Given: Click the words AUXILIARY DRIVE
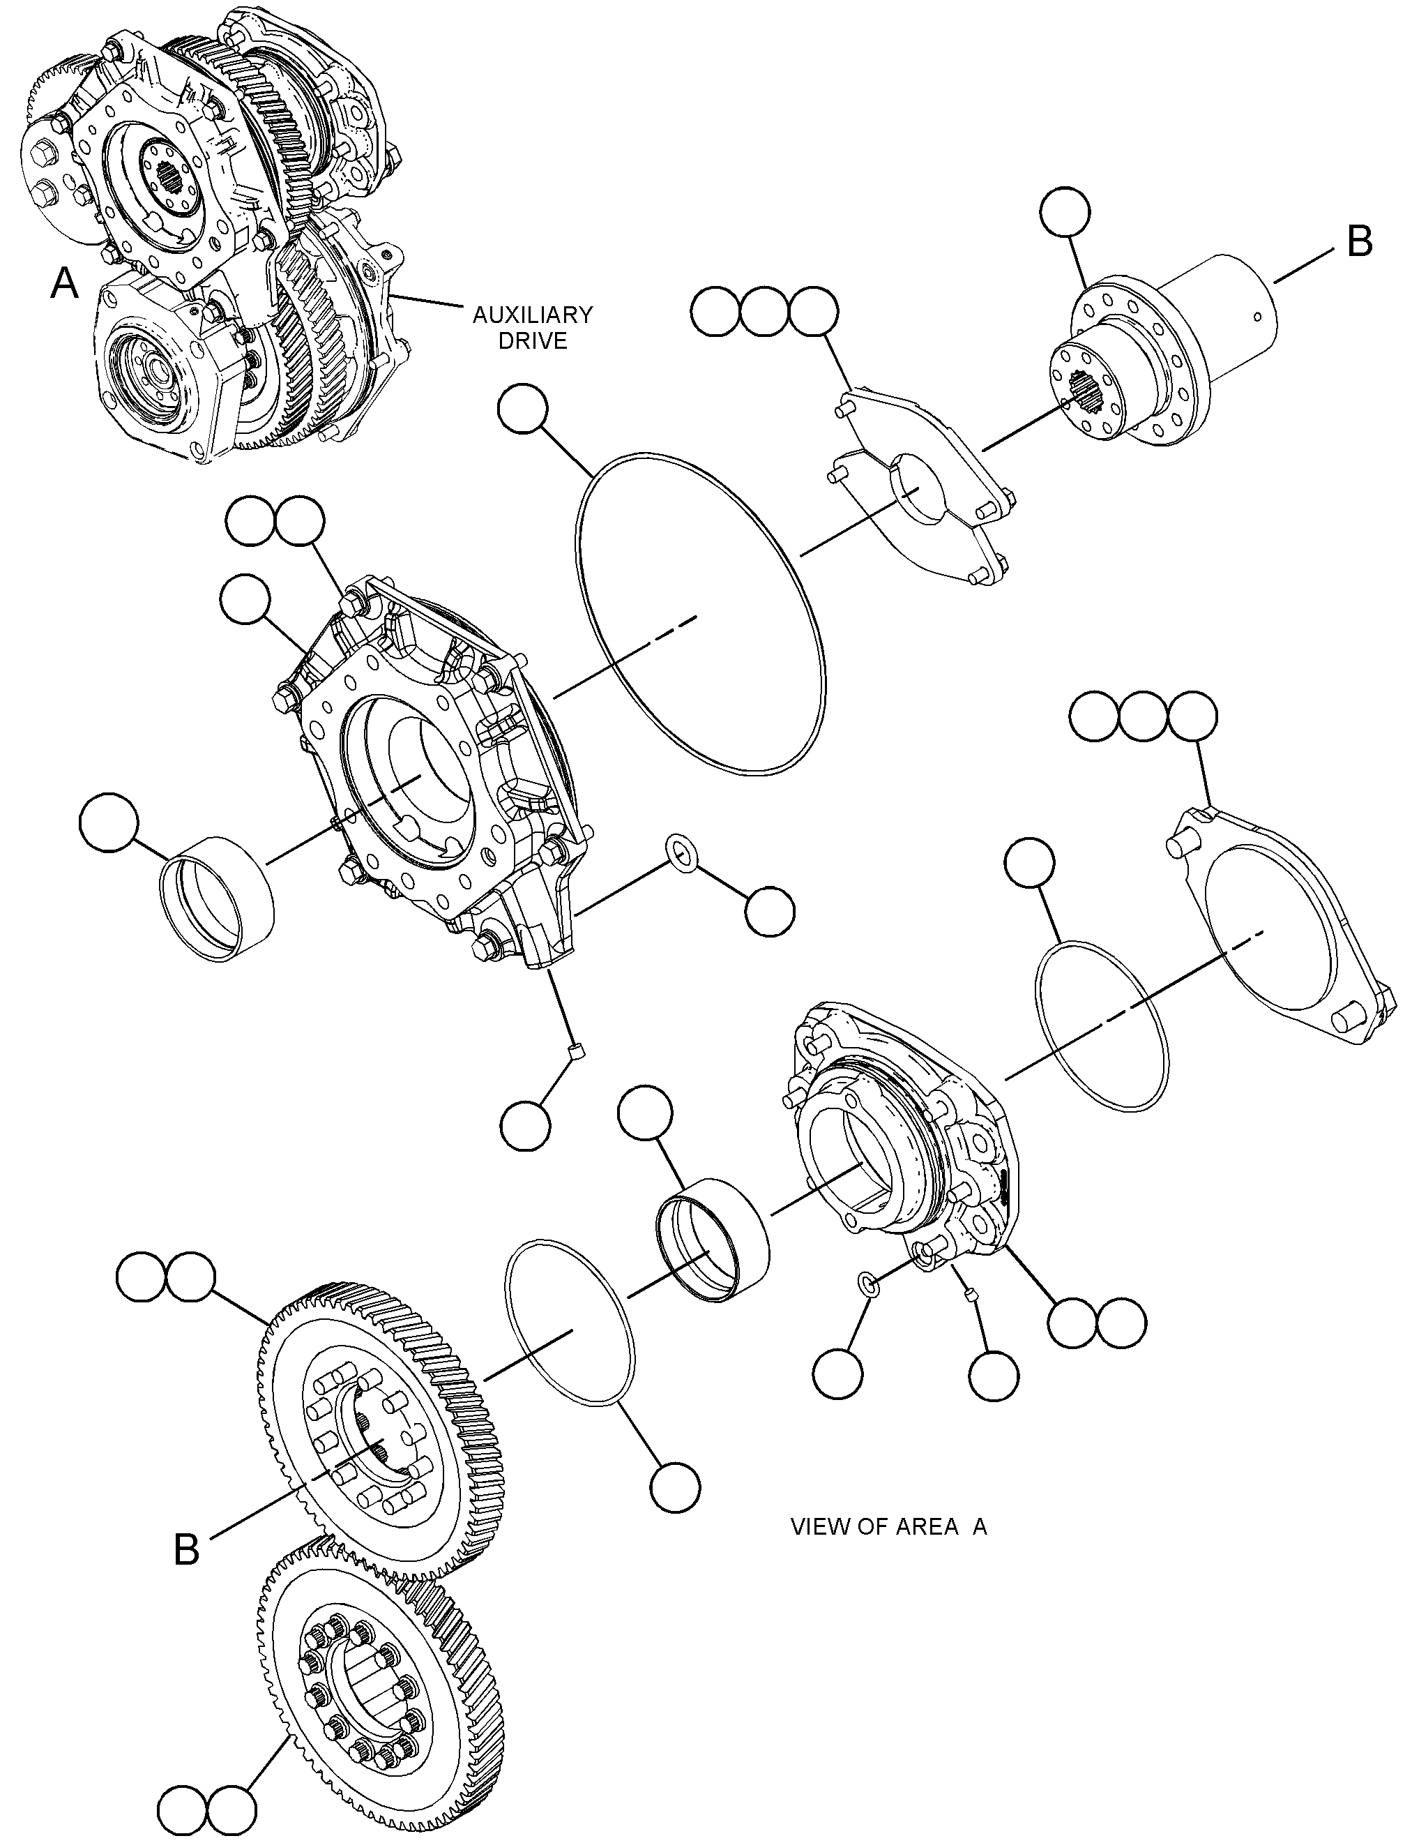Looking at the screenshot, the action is pyautogui.click(x=532, y=327).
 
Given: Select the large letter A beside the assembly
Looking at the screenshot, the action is pyautogui.click(x=65, y=283).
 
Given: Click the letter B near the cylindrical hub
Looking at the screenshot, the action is pyautogui.click(x=1360, y=241).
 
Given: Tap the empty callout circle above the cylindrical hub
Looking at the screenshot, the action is pyautogui.click(x=1065, y=211).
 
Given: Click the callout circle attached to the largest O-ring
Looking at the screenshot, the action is pyautogui.click(x=523, y=409).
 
